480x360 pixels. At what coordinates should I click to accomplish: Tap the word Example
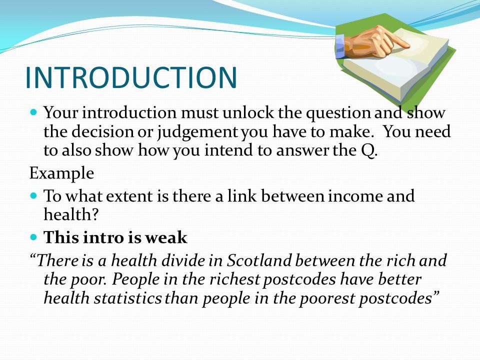61,173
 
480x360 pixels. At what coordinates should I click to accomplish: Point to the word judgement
197,132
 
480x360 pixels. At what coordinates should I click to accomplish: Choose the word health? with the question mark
71,214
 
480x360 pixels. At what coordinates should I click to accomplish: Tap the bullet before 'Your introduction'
34,111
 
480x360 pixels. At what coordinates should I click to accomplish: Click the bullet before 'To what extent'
34,195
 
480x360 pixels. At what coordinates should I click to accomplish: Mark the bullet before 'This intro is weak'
34,236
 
